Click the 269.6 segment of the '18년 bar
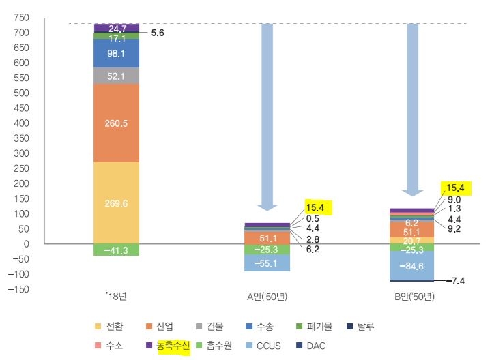pos(116,202)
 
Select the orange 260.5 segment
pos(116,123)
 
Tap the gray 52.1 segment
pos(116,75)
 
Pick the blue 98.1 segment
pos(116,53)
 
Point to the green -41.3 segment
pos(116,250)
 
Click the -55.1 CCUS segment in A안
pos(267,262)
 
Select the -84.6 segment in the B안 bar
pos(411,265)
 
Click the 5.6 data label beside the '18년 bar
pos(157,32)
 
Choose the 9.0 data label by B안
pos(454,199)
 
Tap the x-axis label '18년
pos(116,297)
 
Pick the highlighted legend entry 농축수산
pos(171,346)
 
